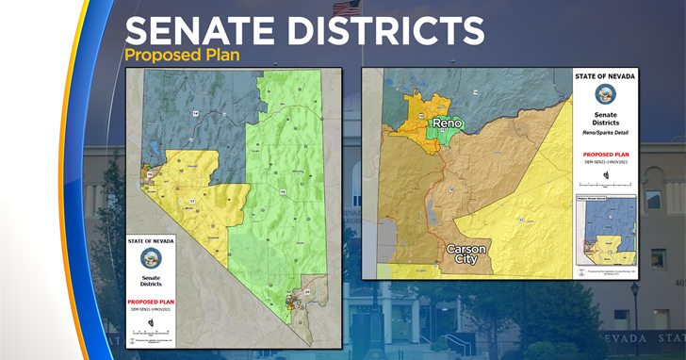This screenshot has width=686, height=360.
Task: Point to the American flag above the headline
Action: (x=346, y=8)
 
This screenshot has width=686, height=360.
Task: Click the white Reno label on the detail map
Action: (x=449, y=123)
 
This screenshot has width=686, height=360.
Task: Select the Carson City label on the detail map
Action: (x=466, y=254)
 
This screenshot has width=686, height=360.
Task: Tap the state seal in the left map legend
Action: (x=151, y=259)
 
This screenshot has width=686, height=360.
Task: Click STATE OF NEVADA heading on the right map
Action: (x=605, y=74)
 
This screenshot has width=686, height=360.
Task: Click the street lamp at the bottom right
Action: (x=634, y=302)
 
